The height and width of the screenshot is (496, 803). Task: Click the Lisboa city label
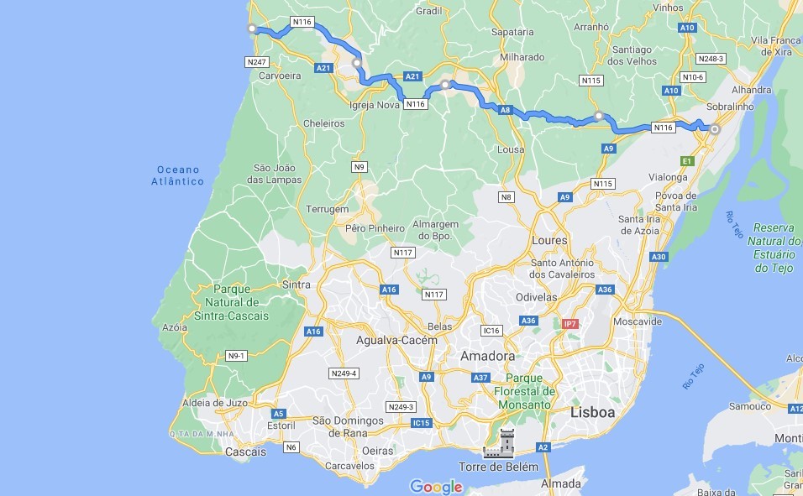tap(592, 412)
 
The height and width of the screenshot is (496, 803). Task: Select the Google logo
tap(436, 487)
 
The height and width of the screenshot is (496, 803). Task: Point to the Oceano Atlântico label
tap(177, 175)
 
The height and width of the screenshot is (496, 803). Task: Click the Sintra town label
tap(297, 285)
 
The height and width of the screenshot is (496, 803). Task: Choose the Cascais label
tap(246, 452)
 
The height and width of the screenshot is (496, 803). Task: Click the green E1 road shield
tap(687, 160)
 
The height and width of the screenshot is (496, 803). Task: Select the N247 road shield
tap(256, 62)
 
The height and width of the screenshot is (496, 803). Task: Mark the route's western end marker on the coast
tap(251, 29)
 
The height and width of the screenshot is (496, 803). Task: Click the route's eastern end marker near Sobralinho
tap(715, 129)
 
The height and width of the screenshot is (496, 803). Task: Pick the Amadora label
tap(487, 356)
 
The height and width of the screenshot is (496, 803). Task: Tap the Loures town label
tap(550, 240)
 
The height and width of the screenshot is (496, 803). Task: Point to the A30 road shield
tap(659, 257)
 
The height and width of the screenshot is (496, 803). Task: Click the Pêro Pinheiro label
tap(375, 227)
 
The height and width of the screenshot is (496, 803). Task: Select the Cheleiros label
tap(324, 123)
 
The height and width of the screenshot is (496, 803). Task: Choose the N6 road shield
tap(291, 447)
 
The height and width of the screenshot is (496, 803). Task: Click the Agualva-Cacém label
tap(396, 340)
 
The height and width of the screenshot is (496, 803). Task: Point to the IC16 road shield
tap(491, 331)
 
